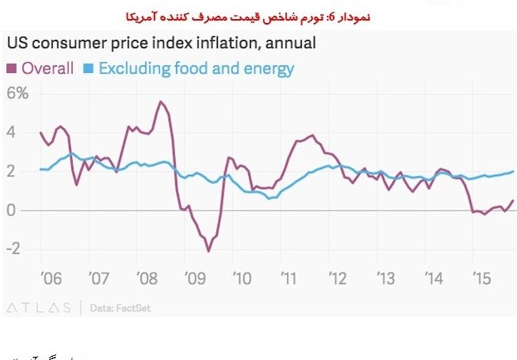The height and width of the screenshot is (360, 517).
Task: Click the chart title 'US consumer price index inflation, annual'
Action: coord(161,44)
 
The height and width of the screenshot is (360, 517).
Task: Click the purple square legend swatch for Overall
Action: coord(11,68)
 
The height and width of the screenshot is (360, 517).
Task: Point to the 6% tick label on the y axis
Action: coord(17,93)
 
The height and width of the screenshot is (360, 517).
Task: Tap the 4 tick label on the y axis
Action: coord(11,132)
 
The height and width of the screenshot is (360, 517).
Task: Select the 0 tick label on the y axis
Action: coord(11,211)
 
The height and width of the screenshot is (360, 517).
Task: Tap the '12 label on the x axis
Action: coord(338,279)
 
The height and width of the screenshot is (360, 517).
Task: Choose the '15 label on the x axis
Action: coord(482,279)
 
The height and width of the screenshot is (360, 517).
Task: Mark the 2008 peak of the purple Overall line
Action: coord(161,101)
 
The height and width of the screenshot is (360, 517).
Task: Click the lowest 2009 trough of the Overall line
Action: coord(208,251)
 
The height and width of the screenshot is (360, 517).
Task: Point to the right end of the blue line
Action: coord(513,171)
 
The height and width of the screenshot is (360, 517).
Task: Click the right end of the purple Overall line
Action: coord(513,200)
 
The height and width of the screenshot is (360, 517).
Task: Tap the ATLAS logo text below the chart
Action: coord(39,308)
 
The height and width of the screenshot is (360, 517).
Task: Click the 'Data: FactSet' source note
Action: coord(120,308)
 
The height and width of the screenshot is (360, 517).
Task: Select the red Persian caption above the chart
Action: coord(258,14)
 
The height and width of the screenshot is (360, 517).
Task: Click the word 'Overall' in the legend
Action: coord(47,68)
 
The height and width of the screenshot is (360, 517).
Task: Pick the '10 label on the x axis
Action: coord(241,279)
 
